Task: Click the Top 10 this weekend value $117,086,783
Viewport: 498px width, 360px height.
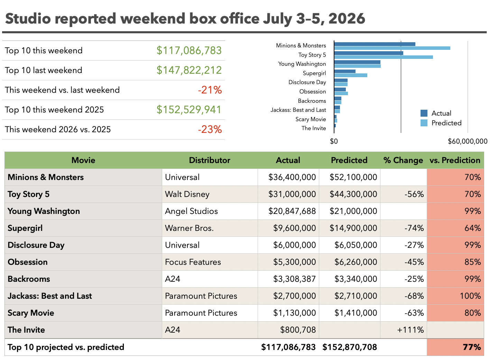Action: [x=189, y=51]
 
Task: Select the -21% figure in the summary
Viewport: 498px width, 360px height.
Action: [x=210, y=90]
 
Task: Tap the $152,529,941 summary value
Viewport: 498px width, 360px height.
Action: [x=189, y=110]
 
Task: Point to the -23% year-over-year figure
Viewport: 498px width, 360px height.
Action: [x=210, y=129]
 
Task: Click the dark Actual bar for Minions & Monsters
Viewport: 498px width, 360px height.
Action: [x=375, y=44]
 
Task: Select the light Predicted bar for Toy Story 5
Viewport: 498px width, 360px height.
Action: [x=384, y=57]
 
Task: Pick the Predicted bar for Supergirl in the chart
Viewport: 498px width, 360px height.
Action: [x=351, y=75]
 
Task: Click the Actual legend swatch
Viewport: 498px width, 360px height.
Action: [x=424, y=113]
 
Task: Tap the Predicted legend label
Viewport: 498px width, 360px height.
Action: [x=446, y=123]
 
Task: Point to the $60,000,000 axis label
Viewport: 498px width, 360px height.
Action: [x=468, y=141]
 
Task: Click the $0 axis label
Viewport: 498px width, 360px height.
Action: [x=334, y=141]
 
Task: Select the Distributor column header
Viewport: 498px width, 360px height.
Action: [x=210, y=160]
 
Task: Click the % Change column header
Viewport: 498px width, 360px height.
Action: [x=403, y=160]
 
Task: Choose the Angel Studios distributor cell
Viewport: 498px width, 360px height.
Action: [x=192, y=211]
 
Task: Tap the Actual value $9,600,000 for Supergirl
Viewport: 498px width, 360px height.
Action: [x=295, y=228]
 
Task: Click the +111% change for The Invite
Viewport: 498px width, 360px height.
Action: [x=411, y=330]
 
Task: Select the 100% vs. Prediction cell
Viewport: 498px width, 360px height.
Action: [x=470, y=296]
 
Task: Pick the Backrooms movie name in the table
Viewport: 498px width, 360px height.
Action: [x=29, y=279]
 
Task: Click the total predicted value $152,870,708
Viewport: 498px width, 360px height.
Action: [x=350, y=347]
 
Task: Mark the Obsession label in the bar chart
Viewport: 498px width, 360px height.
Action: [x=313, y=92]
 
